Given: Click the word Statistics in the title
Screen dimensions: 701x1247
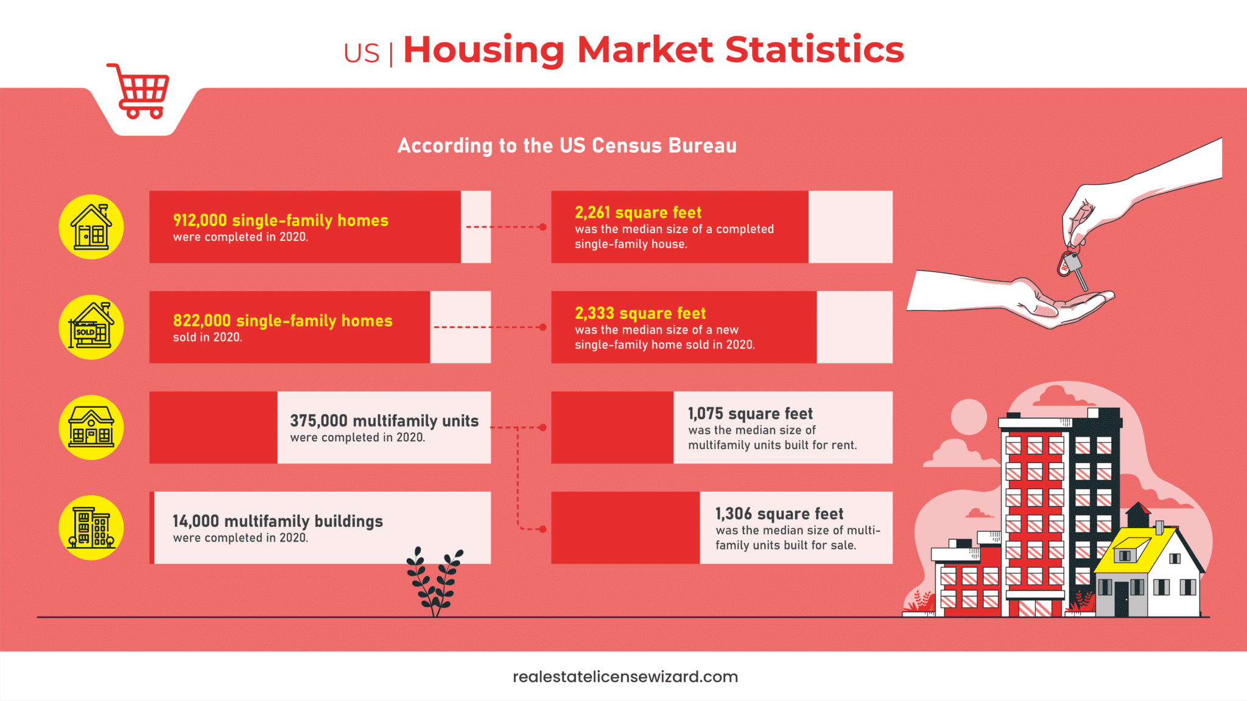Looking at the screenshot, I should pos(814,50).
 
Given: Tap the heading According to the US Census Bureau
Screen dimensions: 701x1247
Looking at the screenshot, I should pos(567,146).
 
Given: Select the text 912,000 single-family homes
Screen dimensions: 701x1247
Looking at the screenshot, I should pos(280,220).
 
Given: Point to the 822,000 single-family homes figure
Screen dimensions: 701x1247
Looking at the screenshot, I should pos(282,321).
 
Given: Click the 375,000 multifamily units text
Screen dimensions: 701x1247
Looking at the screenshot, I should pos(384,421).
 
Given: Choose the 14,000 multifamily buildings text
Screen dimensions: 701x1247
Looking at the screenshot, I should pos(277,521).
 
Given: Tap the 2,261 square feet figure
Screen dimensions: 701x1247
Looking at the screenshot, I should pos(638,212).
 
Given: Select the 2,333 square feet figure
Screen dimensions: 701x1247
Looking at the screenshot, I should pos(640,313).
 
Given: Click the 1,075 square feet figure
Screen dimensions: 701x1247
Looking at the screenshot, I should pos(750,414).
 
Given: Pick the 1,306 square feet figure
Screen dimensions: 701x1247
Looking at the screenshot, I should pos(779,514).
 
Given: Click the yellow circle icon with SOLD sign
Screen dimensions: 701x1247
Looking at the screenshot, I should pos(91,327).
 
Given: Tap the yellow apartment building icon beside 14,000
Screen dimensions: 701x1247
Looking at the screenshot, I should pos(91,528).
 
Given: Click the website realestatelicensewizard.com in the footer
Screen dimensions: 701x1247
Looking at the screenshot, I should pos(625,677).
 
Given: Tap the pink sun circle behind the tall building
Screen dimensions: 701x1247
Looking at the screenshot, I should pos(968,417).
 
